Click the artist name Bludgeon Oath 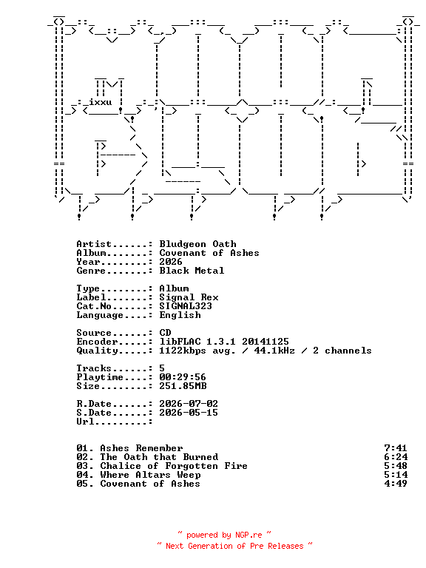point(197,244)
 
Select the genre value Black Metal point(192,271)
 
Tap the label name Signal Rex point(189,297)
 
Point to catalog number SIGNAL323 point(186,306)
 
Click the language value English point(180,315)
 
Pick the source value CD point(165,333)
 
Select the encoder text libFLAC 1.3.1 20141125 point(224,342)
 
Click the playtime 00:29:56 point(183,377)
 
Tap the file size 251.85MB point(183,386)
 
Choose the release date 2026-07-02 point(189,404)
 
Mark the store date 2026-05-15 point(189,413)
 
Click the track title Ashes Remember point(141,448)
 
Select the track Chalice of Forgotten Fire point(174,466)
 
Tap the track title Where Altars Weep point(150,475)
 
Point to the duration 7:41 point(396,448)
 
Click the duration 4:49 point(396,484)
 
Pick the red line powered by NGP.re point(224,535)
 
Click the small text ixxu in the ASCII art point(101,102)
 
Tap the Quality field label point(97,351)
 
